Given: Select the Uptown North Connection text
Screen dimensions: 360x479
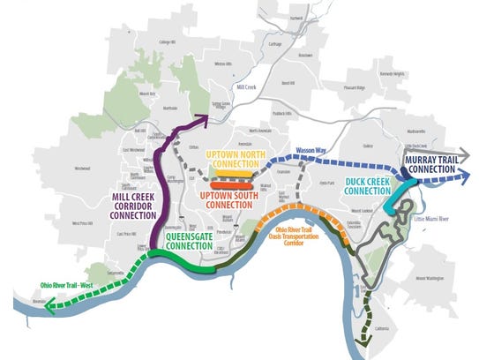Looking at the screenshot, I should click(236, 160).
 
